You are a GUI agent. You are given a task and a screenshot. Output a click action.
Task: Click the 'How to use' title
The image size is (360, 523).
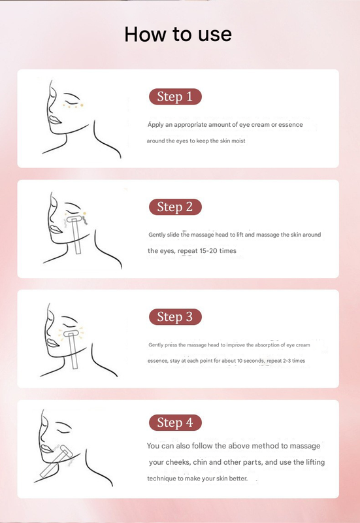click(178, 35)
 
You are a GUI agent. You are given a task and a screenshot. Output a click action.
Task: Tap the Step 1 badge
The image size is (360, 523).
click(175, 97)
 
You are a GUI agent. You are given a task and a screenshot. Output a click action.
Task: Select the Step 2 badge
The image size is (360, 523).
click(175, 207)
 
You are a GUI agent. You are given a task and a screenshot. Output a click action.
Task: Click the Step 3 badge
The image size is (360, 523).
click(175, 317)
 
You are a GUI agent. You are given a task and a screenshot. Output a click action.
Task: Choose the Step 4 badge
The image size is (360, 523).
click(175, 423)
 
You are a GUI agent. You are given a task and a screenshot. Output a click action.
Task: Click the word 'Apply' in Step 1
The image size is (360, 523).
click(156, 124)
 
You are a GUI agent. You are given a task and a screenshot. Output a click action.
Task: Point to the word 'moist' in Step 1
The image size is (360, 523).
click(237, 141)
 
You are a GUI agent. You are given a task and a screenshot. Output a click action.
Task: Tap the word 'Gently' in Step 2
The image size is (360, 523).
click(157, 234)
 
